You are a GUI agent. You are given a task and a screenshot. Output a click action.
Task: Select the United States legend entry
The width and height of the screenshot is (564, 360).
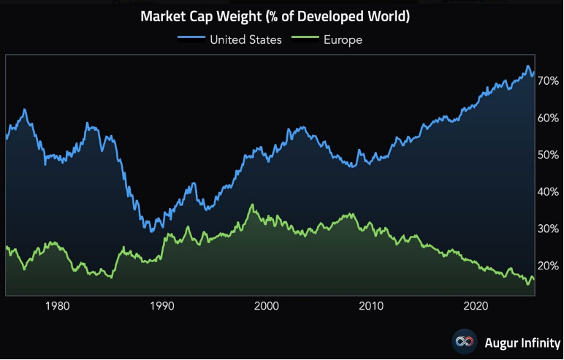[x=245, y=39]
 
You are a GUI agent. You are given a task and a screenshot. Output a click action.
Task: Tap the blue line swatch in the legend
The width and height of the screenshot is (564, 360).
[x=190, y=39]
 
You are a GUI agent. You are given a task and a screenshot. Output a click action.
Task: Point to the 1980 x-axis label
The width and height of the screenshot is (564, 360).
[x=57, y=305]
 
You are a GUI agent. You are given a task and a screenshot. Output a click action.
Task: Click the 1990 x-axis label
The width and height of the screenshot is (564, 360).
[x=161, y=305]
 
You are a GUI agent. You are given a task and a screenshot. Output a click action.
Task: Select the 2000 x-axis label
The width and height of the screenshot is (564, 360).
[x=267, y=305]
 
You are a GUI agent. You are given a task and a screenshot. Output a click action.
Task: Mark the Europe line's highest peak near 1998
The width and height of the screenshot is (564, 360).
[x=252, y=205]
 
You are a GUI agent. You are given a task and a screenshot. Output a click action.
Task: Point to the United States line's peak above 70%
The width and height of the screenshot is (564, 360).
[x=528, y=66]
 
